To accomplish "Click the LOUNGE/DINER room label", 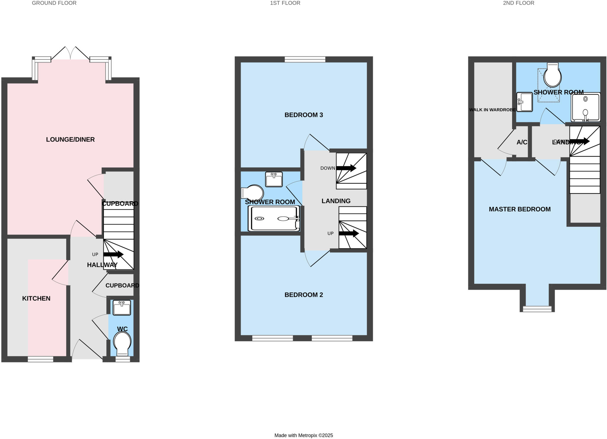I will click(70, 140).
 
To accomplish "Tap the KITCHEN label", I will click(36, 298).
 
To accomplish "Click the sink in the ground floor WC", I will click(122, 308).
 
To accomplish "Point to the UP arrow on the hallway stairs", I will click(113, 254).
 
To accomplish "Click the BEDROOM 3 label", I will click(303, 115).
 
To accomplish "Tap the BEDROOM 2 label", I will click(303, 295).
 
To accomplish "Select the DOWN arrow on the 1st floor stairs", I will click(346, 168).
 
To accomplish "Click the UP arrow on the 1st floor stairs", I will click(349, 233).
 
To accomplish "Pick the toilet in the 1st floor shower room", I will click(253, 193).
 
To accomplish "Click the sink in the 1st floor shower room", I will click(274, 180).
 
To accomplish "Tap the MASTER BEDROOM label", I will click(520, 209).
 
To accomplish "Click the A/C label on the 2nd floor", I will click(522, 142).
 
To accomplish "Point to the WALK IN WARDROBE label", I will click(492, 110).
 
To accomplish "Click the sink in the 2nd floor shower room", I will click(524, 102).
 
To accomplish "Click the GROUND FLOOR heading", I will click(54, 3).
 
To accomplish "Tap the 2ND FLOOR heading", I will click(518, 3).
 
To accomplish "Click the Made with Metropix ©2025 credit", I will click(303, 435).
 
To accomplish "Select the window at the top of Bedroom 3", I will click(305, 60).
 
